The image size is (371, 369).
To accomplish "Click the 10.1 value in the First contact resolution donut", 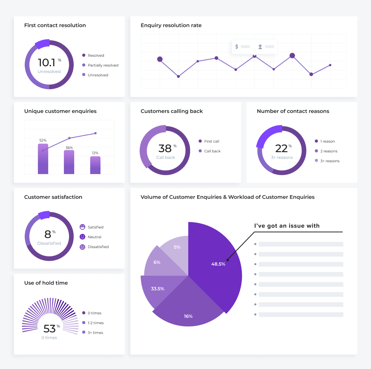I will pos(46,62).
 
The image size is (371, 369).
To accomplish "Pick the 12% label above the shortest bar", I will pos(95,153).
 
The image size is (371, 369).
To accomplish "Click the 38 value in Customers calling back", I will pos(165,148).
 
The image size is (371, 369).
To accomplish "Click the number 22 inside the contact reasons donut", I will pos(282,148).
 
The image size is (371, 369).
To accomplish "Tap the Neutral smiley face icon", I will pos(82,237).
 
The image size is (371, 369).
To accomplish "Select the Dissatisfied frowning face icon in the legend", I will pos(82,247).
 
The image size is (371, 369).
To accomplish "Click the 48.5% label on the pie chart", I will pos(218,264).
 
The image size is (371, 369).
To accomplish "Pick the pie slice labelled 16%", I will pos(188,312).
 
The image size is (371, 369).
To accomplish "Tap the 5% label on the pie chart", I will pos(177,247).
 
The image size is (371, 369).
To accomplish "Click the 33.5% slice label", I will pos(158,289).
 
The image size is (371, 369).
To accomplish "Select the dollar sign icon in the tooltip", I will pos(237,47).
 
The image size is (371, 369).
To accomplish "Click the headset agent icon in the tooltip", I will pos(260,47).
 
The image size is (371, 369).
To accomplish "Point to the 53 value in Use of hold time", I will pos(49,329).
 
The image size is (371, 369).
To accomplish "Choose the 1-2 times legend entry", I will pos(95,323).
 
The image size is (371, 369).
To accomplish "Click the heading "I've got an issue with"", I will pos(287,226).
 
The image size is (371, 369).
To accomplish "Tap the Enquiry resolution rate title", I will pos(171,26).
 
